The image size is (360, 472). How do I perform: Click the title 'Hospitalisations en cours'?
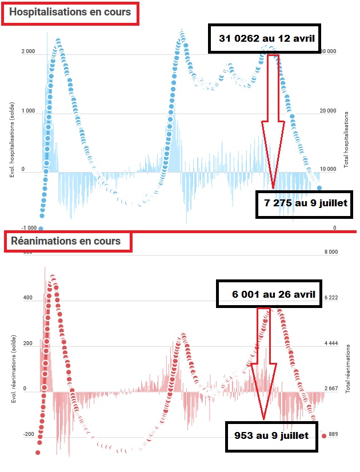click(70, 12)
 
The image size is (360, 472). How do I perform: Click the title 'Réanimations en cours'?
click(66, 241)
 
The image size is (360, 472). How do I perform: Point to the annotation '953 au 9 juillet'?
click(271, 435)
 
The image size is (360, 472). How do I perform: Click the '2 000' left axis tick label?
click(29, 53)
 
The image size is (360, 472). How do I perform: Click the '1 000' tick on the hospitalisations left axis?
click(29, 111)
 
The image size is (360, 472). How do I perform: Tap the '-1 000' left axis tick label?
click(27, 227)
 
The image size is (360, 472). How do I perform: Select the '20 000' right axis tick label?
click(327, 111)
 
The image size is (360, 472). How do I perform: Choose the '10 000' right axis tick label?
click(327, 170)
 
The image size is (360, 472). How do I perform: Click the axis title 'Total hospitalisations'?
click(347, 140)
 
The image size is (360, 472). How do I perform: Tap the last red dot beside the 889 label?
click(324, 436)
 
